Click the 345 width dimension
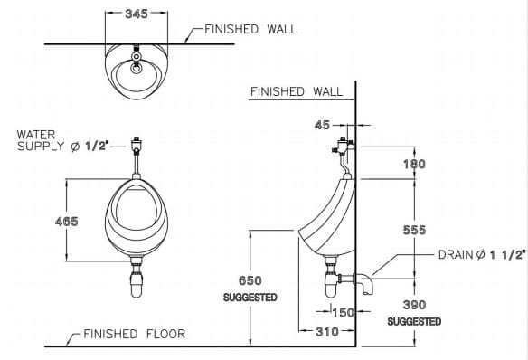tap(137, 14)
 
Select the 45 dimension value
tap(322, 125)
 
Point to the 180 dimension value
tap(414, 165)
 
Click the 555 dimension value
tap(414, 231)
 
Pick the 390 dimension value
tap(414, 306)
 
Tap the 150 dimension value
tap(343, 313)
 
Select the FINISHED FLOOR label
tap(134, 334)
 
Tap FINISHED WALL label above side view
tap(297, 91)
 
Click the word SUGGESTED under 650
tap(250, 298)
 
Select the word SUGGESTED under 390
tap(414, 321)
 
